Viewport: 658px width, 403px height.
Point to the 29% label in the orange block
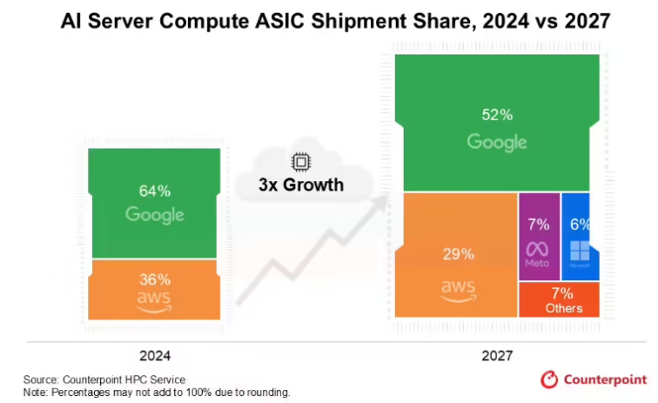tap(458, 254)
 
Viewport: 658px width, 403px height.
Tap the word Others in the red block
tap(563, 309)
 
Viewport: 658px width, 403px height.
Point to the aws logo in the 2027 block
tap(458, 288)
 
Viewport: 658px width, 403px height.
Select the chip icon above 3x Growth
tap(300, 163)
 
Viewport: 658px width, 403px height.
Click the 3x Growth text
tap(300, 185)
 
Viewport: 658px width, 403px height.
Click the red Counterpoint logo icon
tap(549, 379)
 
